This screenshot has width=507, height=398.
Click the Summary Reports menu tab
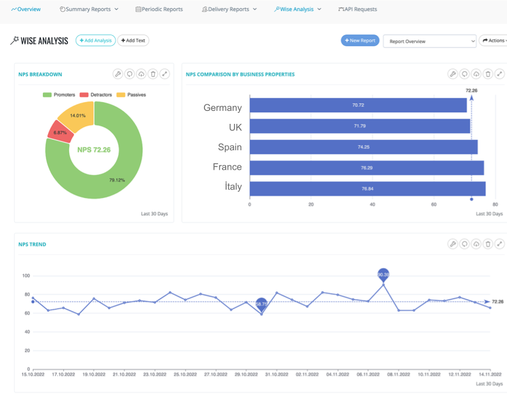89,9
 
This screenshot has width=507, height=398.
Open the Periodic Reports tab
159,9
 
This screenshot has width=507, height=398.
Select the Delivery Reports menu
229,9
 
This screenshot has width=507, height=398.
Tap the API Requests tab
358,9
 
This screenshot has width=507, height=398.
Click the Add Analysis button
96,41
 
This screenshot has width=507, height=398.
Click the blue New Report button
360,41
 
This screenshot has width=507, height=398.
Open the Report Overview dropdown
430,41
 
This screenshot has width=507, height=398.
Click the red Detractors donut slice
59,132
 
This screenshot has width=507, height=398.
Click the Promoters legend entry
59,95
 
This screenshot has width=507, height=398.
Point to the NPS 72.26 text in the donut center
94,150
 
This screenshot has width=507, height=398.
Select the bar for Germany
358,105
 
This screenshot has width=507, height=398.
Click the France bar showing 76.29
366,168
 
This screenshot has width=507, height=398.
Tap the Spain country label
230,147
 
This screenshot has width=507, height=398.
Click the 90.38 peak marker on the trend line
383,274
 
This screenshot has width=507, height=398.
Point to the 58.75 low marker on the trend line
261,303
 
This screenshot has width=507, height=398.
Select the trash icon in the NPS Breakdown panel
153,74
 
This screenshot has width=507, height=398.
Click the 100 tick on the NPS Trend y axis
26,275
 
